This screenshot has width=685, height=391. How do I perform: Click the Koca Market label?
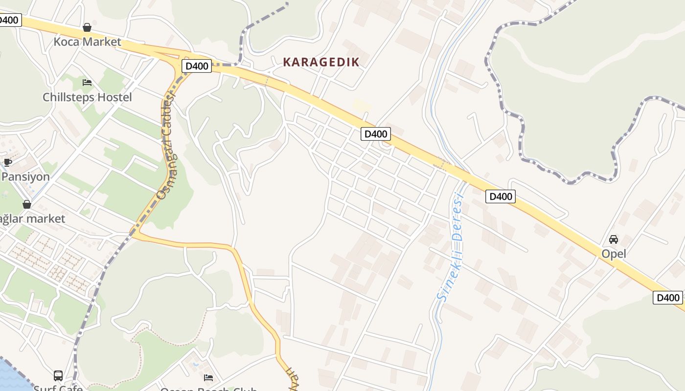(87, 42)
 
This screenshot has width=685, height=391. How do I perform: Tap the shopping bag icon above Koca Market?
(87, 27)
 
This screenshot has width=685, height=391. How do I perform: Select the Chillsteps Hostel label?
(87, 97)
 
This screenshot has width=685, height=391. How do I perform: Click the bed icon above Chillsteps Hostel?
(87, 83)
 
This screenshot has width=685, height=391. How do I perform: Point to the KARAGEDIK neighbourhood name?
(321, 62)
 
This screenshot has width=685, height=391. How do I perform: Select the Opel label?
(614, 254)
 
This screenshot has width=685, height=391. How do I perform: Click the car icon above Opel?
(614, 239)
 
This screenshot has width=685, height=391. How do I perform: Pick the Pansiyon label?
(25, 177)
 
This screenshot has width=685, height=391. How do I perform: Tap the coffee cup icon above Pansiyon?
(7, 162)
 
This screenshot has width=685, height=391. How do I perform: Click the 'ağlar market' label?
(31, 218)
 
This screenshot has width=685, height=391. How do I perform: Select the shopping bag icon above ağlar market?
(27, 204)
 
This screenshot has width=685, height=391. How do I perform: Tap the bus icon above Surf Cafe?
(58, 376)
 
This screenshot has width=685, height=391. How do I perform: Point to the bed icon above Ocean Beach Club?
(208, 377)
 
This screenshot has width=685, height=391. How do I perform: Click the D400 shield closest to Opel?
(667, 298)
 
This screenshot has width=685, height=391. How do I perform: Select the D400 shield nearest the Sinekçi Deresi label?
(500, 196)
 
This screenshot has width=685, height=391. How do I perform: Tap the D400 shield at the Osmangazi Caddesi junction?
(197, 66)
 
